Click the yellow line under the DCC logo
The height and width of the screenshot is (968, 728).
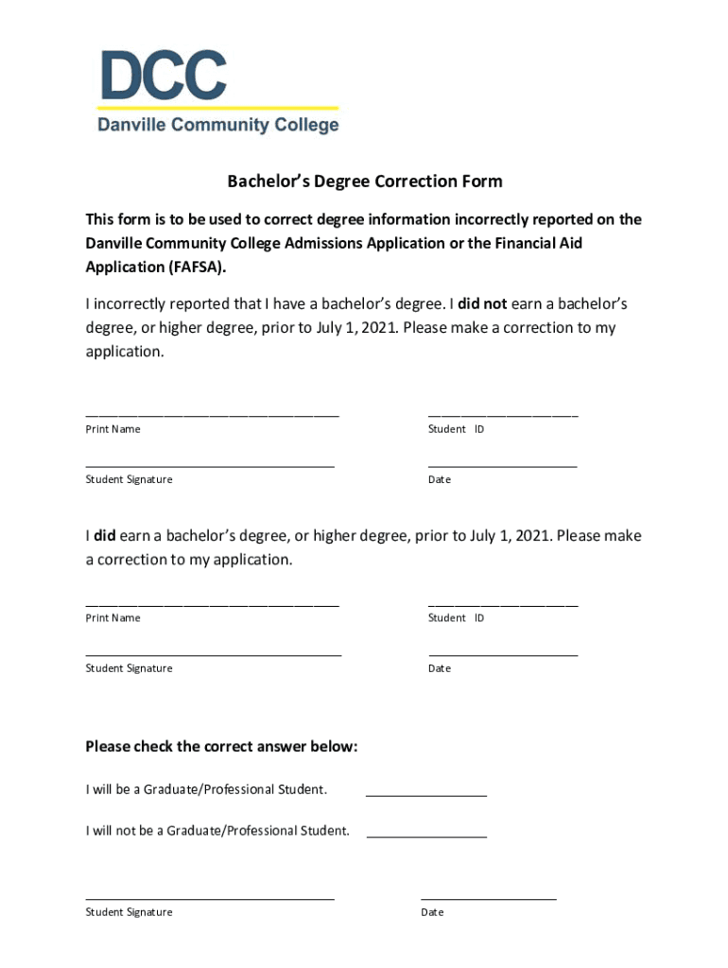coord(218,108)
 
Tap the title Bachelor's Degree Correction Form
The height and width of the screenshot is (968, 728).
coord(364,181)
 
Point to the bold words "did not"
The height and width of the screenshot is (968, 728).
coord(482,303)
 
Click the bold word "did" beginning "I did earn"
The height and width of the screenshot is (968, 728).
coord(104,535)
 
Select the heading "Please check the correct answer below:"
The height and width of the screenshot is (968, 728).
coord(221,747)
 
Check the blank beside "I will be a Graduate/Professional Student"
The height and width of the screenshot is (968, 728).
coord(425,792)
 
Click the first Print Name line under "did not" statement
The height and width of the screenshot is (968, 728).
coord(212,413)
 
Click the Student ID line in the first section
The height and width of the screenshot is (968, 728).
coord(502,413)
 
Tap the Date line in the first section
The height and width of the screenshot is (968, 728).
coord(502,464)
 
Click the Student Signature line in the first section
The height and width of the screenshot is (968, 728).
coord(210,464)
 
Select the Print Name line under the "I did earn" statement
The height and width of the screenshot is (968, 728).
coord(212,602)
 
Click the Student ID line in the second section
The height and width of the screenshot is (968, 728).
coord(502,602)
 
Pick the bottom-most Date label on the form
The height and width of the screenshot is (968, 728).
coord(432,912)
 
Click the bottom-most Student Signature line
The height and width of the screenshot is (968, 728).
coord(210,897)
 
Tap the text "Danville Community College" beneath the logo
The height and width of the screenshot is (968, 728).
coord(218,125)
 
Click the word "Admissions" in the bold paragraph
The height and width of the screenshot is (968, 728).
coord(351,243)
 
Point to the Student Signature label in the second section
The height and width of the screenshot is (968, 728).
coord(129,668)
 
